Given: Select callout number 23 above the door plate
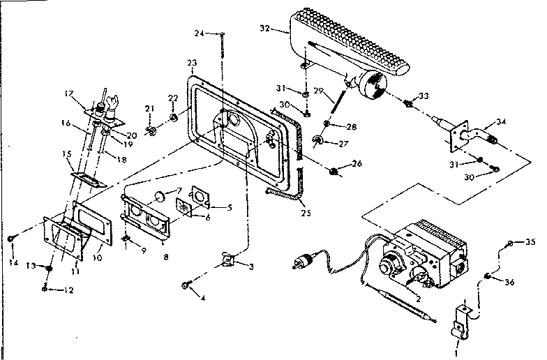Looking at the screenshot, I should tap(192, 63).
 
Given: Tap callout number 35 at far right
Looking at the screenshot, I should tap(530, 243).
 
